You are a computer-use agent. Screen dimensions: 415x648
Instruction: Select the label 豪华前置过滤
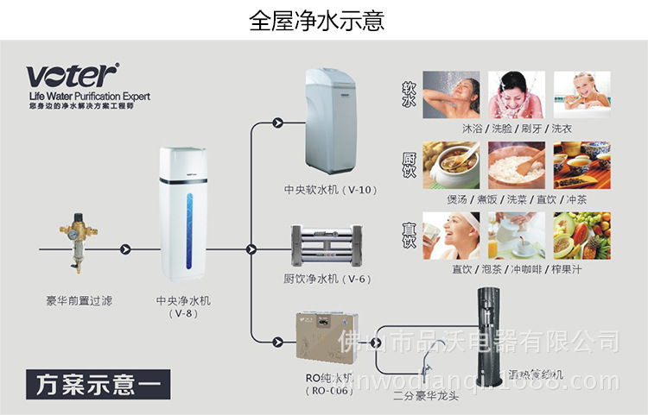[79, 301]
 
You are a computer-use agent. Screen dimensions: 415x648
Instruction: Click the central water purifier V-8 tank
[189, 213]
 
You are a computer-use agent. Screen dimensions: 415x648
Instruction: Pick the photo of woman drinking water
[451, 235]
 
